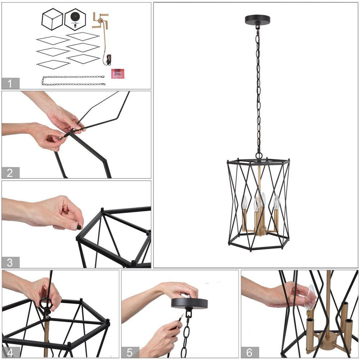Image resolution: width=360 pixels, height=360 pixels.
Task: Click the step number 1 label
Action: [x=10, y=84]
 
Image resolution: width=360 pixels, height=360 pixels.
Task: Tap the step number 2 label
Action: [x=10, y=173]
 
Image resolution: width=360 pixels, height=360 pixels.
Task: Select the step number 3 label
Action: [x=10, y=262]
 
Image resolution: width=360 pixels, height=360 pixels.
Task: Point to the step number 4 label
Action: [x=10, y=352]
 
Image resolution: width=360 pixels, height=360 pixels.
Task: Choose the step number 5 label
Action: [x=130, y=352]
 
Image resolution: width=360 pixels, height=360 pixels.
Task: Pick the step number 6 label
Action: [x=249, y=352]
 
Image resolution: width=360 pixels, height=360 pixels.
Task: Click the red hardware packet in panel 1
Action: [x=116, y=74]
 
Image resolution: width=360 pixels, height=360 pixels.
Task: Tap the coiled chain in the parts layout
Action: [x=73, y=81]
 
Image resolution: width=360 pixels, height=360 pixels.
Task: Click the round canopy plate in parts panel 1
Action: [x=75, y=18]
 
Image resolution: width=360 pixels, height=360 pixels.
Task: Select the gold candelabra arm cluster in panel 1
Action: [x=100, y=21]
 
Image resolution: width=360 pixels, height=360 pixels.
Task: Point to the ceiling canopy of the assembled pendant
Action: [x=257, y=19]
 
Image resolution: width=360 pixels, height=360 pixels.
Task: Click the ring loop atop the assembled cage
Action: [x=259, y=156]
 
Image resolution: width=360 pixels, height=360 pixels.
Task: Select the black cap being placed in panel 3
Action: [x=78, y=228]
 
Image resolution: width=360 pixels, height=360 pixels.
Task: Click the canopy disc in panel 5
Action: [x=189, y=303]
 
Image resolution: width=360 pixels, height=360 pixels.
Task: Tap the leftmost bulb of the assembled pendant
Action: [x=244, y=202]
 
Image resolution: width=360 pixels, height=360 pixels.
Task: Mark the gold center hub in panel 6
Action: [x=327, y=339]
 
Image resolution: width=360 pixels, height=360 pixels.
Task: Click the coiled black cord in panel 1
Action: [x=108, y=59]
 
